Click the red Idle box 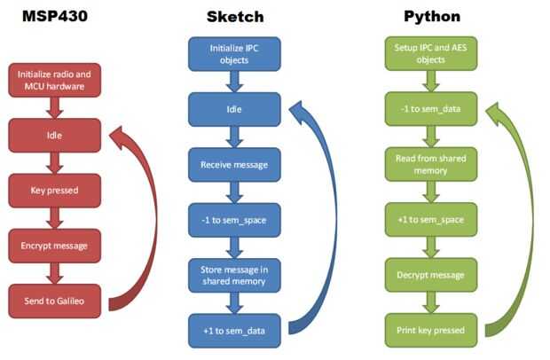tap(54, 137)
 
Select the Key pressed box tap(54, 189)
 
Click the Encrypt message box tap(54, 244)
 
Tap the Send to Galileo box tap(54, 299)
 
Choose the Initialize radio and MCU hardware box tap(54, 80)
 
